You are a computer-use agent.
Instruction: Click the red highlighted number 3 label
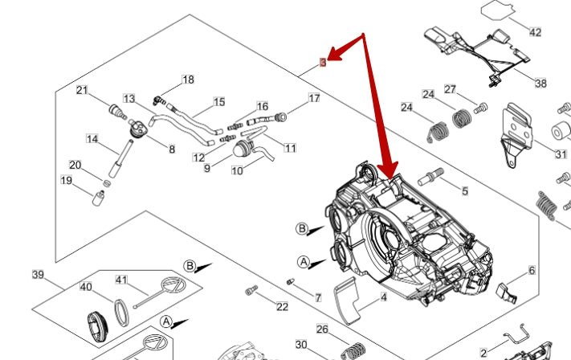tap(323, 62)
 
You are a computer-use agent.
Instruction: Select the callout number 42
tap(535, 32)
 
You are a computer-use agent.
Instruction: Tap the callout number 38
tap(540, 83)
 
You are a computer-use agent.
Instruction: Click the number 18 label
tap(188, 80)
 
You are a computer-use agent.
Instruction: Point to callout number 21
tap(82, 90)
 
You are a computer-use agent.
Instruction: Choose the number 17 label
tap(314, 98)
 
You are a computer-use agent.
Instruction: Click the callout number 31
tap(561, 154)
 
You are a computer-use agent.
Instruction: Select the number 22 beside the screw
tap(282, 306)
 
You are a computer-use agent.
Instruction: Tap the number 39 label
tap(38, 275)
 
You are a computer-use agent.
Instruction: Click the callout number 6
tap(531, 271)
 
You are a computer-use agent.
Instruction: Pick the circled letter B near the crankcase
tap(302, 229)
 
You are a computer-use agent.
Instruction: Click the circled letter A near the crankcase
tap(304, 261)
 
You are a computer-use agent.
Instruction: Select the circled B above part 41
tap(190, 265)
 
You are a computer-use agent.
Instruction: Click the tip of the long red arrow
tap(388, 177)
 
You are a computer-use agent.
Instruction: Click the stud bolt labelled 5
tap(434, 174)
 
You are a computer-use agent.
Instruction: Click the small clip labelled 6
tap(506, 291)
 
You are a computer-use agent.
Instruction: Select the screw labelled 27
tap(481, 107)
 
